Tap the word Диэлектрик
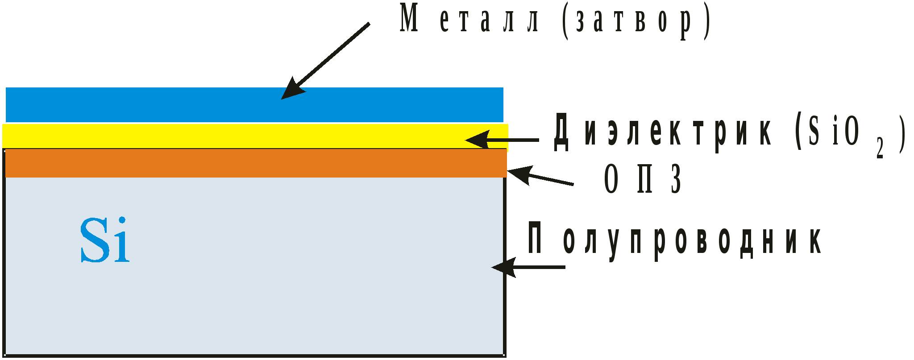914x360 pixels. [x=663, y=132]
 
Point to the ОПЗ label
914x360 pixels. [x=643, y=178]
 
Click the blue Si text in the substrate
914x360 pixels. [x=105, y=240]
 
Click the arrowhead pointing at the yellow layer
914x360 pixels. [x=477, y=140]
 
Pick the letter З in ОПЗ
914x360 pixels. [x=677, y=178]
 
